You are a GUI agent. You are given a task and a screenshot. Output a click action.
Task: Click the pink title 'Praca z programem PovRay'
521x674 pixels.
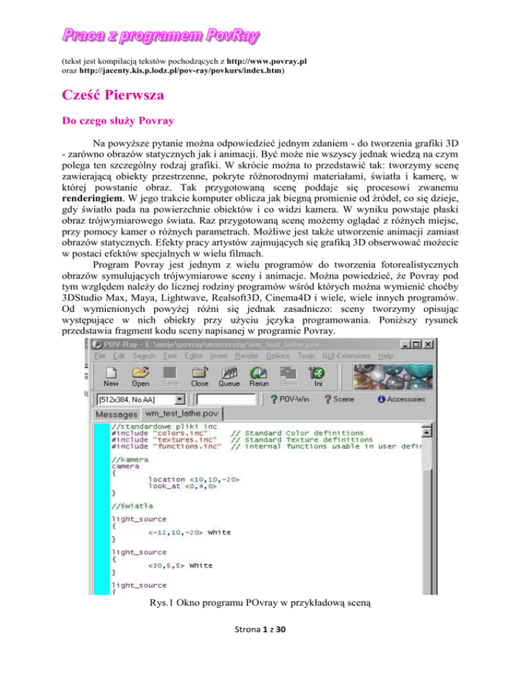[162, 34]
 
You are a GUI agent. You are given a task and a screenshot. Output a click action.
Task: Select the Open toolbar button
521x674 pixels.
[140, 376]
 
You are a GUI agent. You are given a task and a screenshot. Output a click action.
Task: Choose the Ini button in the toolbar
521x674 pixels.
[315, 376]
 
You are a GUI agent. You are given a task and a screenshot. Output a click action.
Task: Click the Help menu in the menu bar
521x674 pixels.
[385, 355]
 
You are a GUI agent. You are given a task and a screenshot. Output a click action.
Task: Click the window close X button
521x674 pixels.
[425, 342]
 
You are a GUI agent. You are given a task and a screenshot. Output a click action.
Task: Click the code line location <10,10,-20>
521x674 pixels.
[193, 480]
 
